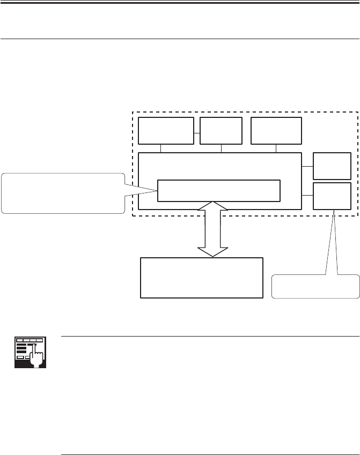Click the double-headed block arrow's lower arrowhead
click(213, 251)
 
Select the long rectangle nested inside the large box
click(219, 190)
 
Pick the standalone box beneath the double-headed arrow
click(202, 278)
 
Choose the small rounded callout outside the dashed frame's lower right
click(315, 286)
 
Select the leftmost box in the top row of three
click(166, 130)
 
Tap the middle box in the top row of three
click(221, 130)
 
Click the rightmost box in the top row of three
click(276, 130)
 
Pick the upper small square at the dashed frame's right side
click(332, 166)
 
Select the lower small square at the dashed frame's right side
click(332, 196)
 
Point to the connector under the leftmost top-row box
click(161, 148)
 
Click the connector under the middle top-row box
click(221, 148)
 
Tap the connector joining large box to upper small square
click(307, 166)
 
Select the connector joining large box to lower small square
click(307, 196)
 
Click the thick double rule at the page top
click(180, 3)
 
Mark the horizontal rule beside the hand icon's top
click(210, 337)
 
